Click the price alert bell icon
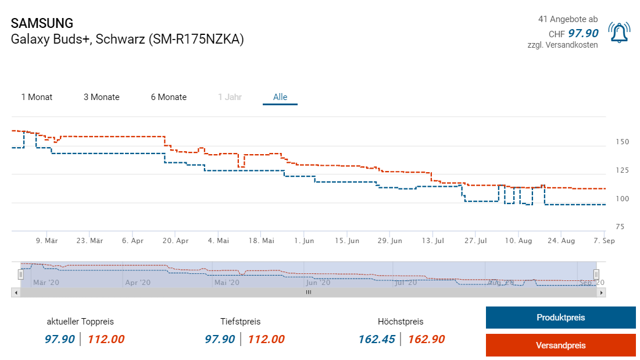[x=619, y=33]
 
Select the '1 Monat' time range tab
[x=37, y=97]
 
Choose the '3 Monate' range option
[x=101, y=97]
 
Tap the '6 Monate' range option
[x=169, y=97]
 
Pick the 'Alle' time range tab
[x=280, y=97]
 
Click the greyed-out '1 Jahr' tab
[x=230, y=97]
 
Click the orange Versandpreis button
[x=560, y=345]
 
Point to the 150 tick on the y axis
[x=622, y=142]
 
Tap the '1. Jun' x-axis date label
[x=304, y=241]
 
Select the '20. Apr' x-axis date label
[x=175, y=241]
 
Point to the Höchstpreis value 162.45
[x=376, y=339]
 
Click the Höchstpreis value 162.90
[x=427, y=339]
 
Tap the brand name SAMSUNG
[x=42, y=23]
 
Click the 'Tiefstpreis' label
[x=240, y=322]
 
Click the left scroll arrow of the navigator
[x=16, y=293]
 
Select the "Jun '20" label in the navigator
[x=318, y=283]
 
